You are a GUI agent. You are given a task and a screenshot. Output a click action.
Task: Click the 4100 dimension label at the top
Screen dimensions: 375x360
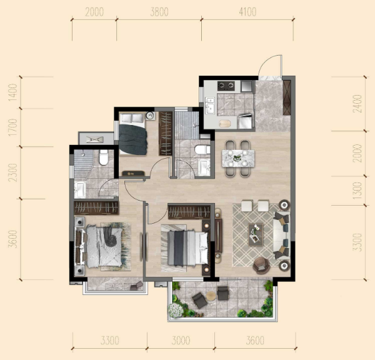tap(247, 12)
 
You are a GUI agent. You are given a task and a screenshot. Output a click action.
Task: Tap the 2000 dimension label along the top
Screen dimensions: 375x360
tap(94, 12)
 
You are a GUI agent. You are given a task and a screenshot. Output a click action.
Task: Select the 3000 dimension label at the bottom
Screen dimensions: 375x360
tap(181, 341)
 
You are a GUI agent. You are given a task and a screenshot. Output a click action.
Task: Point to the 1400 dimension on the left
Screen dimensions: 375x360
tap(12, 92)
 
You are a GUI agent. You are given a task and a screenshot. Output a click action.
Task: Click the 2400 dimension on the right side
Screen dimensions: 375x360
tap(357, 104)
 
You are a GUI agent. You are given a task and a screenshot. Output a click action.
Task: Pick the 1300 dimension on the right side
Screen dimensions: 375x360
tap(357, 191)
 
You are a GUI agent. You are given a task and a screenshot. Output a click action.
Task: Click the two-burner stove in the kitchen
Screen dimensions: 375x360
tap(226, 86)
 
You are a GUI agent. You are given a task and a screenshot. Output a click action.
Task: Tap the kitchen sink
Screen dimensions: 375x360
tap(210, 106)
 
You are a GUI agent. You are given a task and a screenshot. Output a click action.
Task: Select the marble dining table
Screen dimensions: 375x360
tap(238, 158)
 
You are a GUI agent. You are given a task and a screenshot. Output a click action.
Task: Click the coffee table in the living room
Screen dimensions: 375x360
tap(256, 234)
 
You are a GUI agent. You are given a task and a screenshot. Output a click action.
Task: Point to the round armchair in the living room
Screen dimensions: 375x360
tap(261, 265)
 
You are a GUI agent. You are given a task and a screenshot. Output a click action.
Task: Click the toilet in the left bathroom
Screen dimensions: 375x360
tap(104, 157)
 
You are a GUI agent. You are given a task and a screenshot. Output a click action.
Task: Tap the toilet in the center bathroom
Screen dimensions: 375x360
tap(202, 149)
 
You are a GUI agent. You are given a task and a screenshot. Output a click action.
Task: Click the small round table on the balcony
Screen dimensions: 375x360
tap(211, 296)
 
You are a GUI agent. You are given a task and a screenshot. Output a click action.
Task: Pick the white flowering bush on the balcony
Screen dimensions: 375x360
tap(176, 311)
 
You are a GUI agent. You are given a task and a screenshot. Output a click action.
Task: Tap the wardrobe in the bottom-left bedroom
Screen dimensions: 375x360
tap(96, 207)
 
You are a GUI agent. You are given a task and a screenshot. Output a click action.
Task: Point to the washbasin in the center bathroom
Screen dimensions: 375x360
tap(204, 167)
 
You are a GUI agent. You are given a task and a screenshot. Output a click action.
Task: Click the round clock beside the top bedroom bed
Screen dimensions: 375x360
tap(150, 116)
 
